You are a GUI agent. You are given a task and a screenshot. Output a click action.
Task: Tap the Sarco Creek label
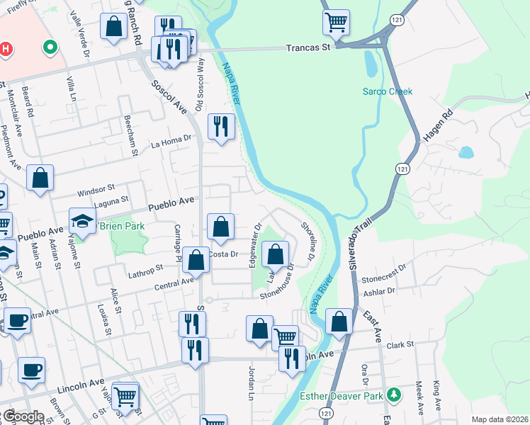coord(387,91)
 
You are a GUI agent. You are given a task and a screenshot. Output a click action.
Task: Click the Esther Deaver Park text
coord(342,395)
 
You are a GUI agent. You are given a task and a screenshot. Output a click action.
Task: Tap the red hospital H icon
coord(6,50)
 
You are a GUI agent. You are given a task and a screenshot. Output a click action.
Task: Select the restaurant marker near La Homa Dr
coord(221,127)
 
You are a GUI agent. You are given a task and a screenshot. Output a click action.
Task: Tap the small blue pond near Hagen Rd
coord(466,152)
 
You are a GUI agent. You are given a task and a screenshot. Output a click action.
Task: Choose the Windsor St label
coord(96,190)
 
